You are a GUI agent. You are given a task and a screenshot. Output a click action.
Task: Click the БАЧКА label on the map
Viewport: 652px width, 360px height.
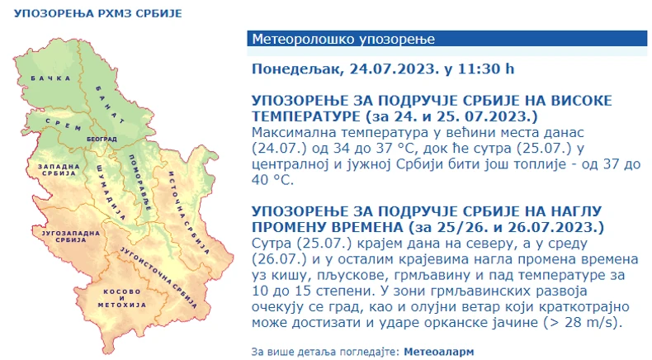pyautogui.click(x=47, y=80)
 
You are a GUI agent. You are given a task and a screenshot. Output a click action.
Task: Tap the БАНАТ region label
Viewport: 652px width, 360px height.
pyautogui.click(x=110, y=101)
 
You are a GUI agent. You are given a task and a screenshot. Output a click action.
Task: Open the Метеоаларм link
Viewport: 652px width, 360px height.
pyautogui.click(x=439, y=351)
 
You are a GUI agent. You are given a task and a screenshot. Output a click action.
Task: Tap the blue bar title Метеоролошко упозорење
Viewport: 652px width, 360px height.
pyautogui.click(x=343, y=40)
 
